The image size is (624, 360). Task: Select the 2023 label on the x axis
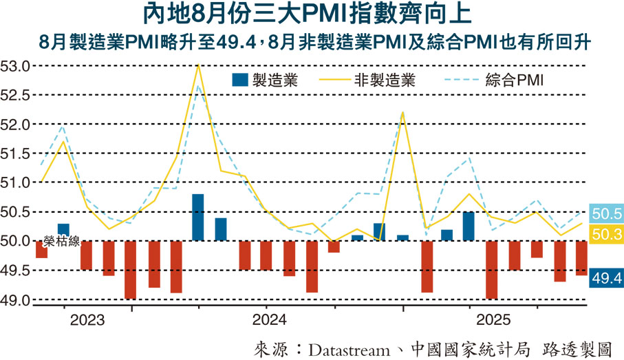tap(87, 320)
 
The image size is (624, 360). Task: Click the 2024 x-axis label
tap(270, 320)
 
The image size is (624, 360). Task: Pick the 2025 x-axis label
tap(495, 320)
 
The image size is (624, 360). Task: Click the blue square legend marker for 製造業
tap(238, 80)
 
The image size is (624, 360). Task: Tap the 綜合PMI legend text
tap(515, 80)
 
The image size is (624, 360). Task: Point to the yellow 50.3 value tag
tap(607, 235)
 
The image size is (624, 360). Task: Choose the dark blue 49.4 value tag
tap(607, 277)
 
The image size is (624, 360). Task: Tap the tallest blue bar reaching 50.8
tap(198, 218)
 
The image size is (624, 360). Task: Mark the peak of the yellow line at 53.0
tap(198, 65)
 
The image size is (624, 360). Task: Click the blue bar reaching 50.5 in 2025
tap(469, 226)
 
